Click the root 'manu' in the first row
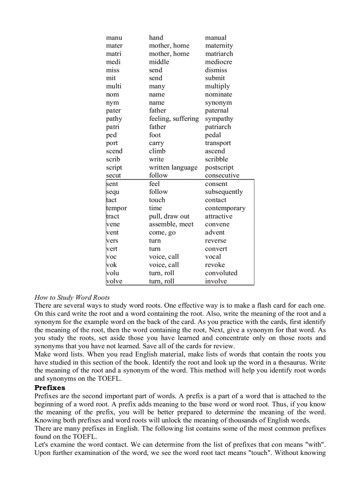[x=114, y=37]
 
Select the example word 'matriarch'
[x=219, y=54]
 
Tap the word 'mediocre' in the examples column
[x=218, y=62]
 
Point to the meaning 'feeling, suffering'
[x=173, y=119]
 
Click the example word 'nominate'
[x=218, y=94]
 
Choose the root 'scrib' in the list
[x=113, y=159]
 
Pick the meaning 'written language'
[x=173, y=167]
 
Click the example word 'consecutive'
[x=222, y=175]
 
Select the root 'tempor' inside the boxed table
[x=116, y=208]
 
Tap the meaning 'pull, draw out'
[x=169, y=216]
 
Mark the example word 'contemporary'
[x=225, y=208]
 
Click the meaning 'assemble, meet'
[x=171, y=224]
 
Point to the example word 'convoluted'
[x=221, y=273]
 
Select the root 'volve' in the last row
[x=114, y=281]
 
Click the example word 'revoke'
[x=215, y=265]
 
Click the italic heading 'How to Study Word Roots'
[x=72, y=297]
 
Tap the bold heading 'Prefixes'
[x=50, y=388]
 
